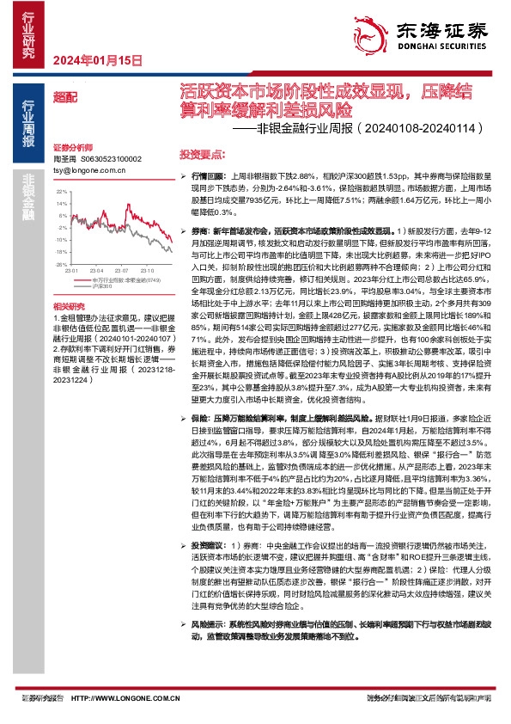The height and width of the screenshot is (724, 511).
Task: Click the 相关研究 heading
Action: click(68, 307)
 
